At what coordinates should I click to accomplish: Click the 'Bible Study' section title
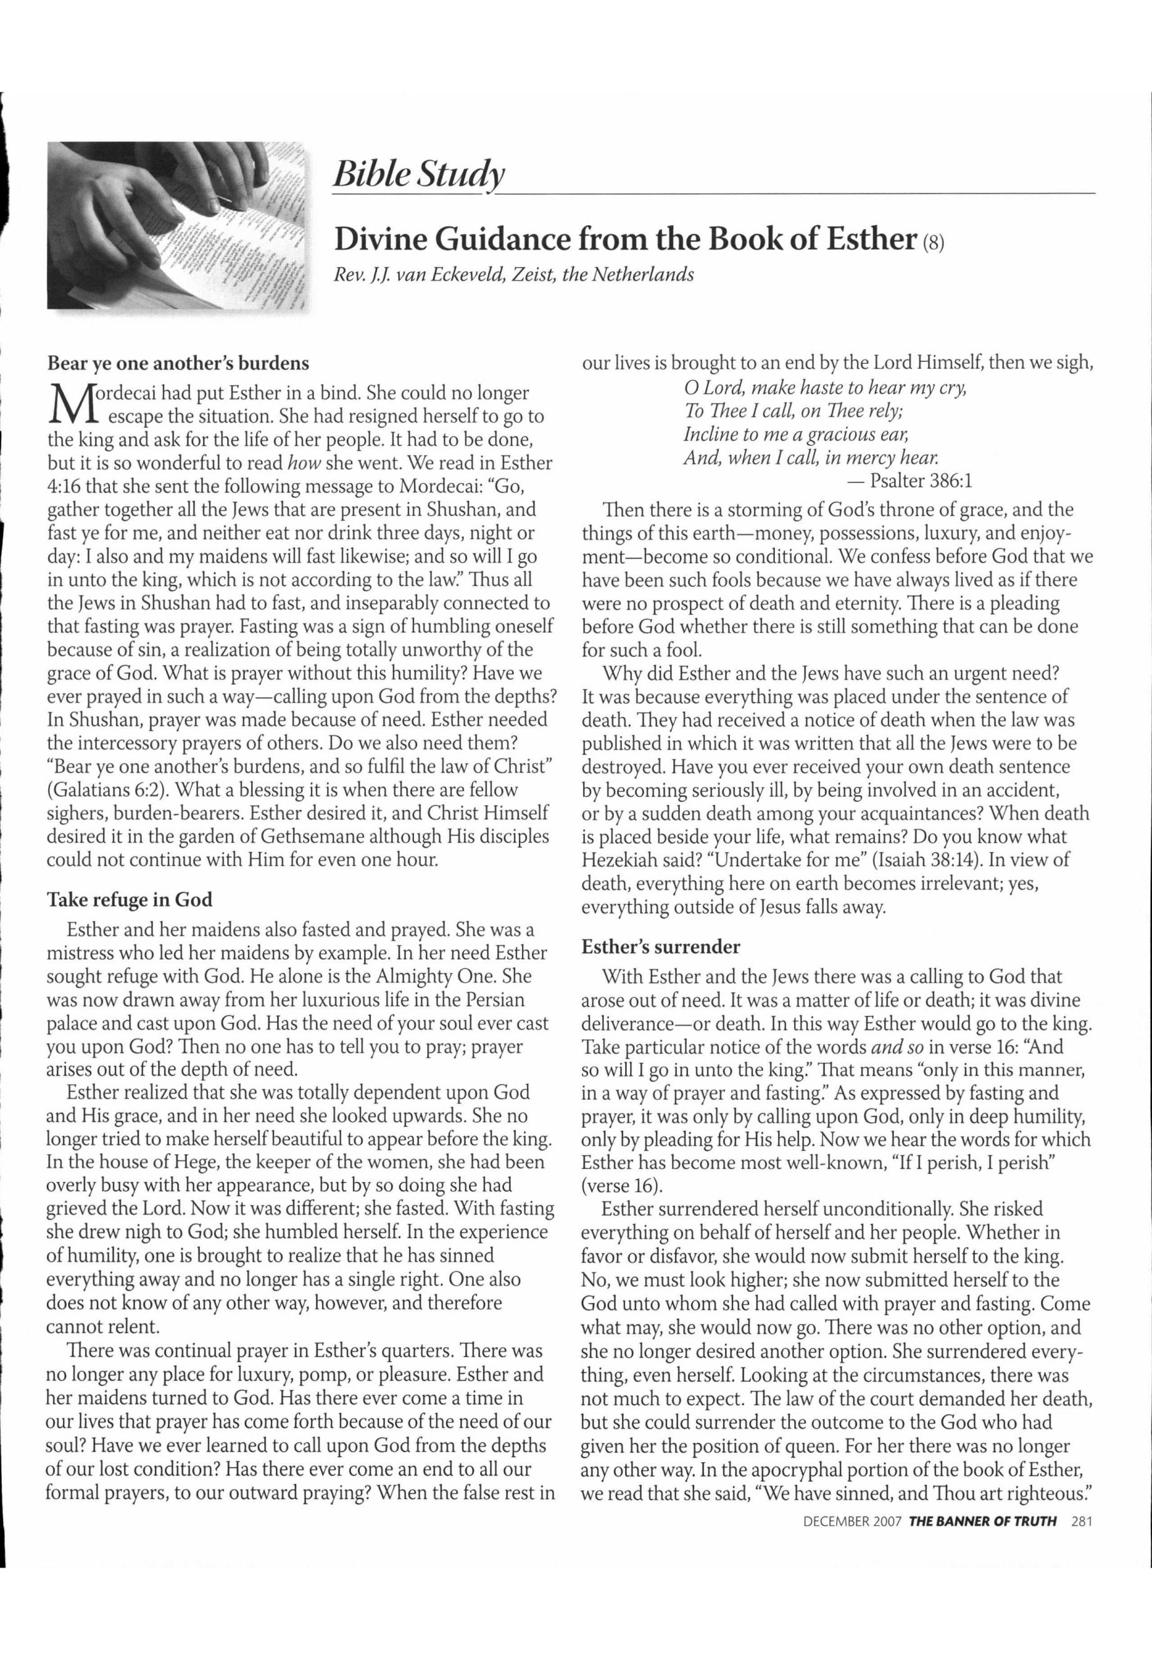(417, 174)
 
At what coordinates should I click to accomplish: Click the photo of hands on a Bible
(177, 226)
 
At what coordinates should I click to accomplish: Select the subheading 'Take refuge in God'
(130, 900)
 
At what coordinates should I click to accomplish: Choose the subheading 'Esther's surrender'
(661, 946)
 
